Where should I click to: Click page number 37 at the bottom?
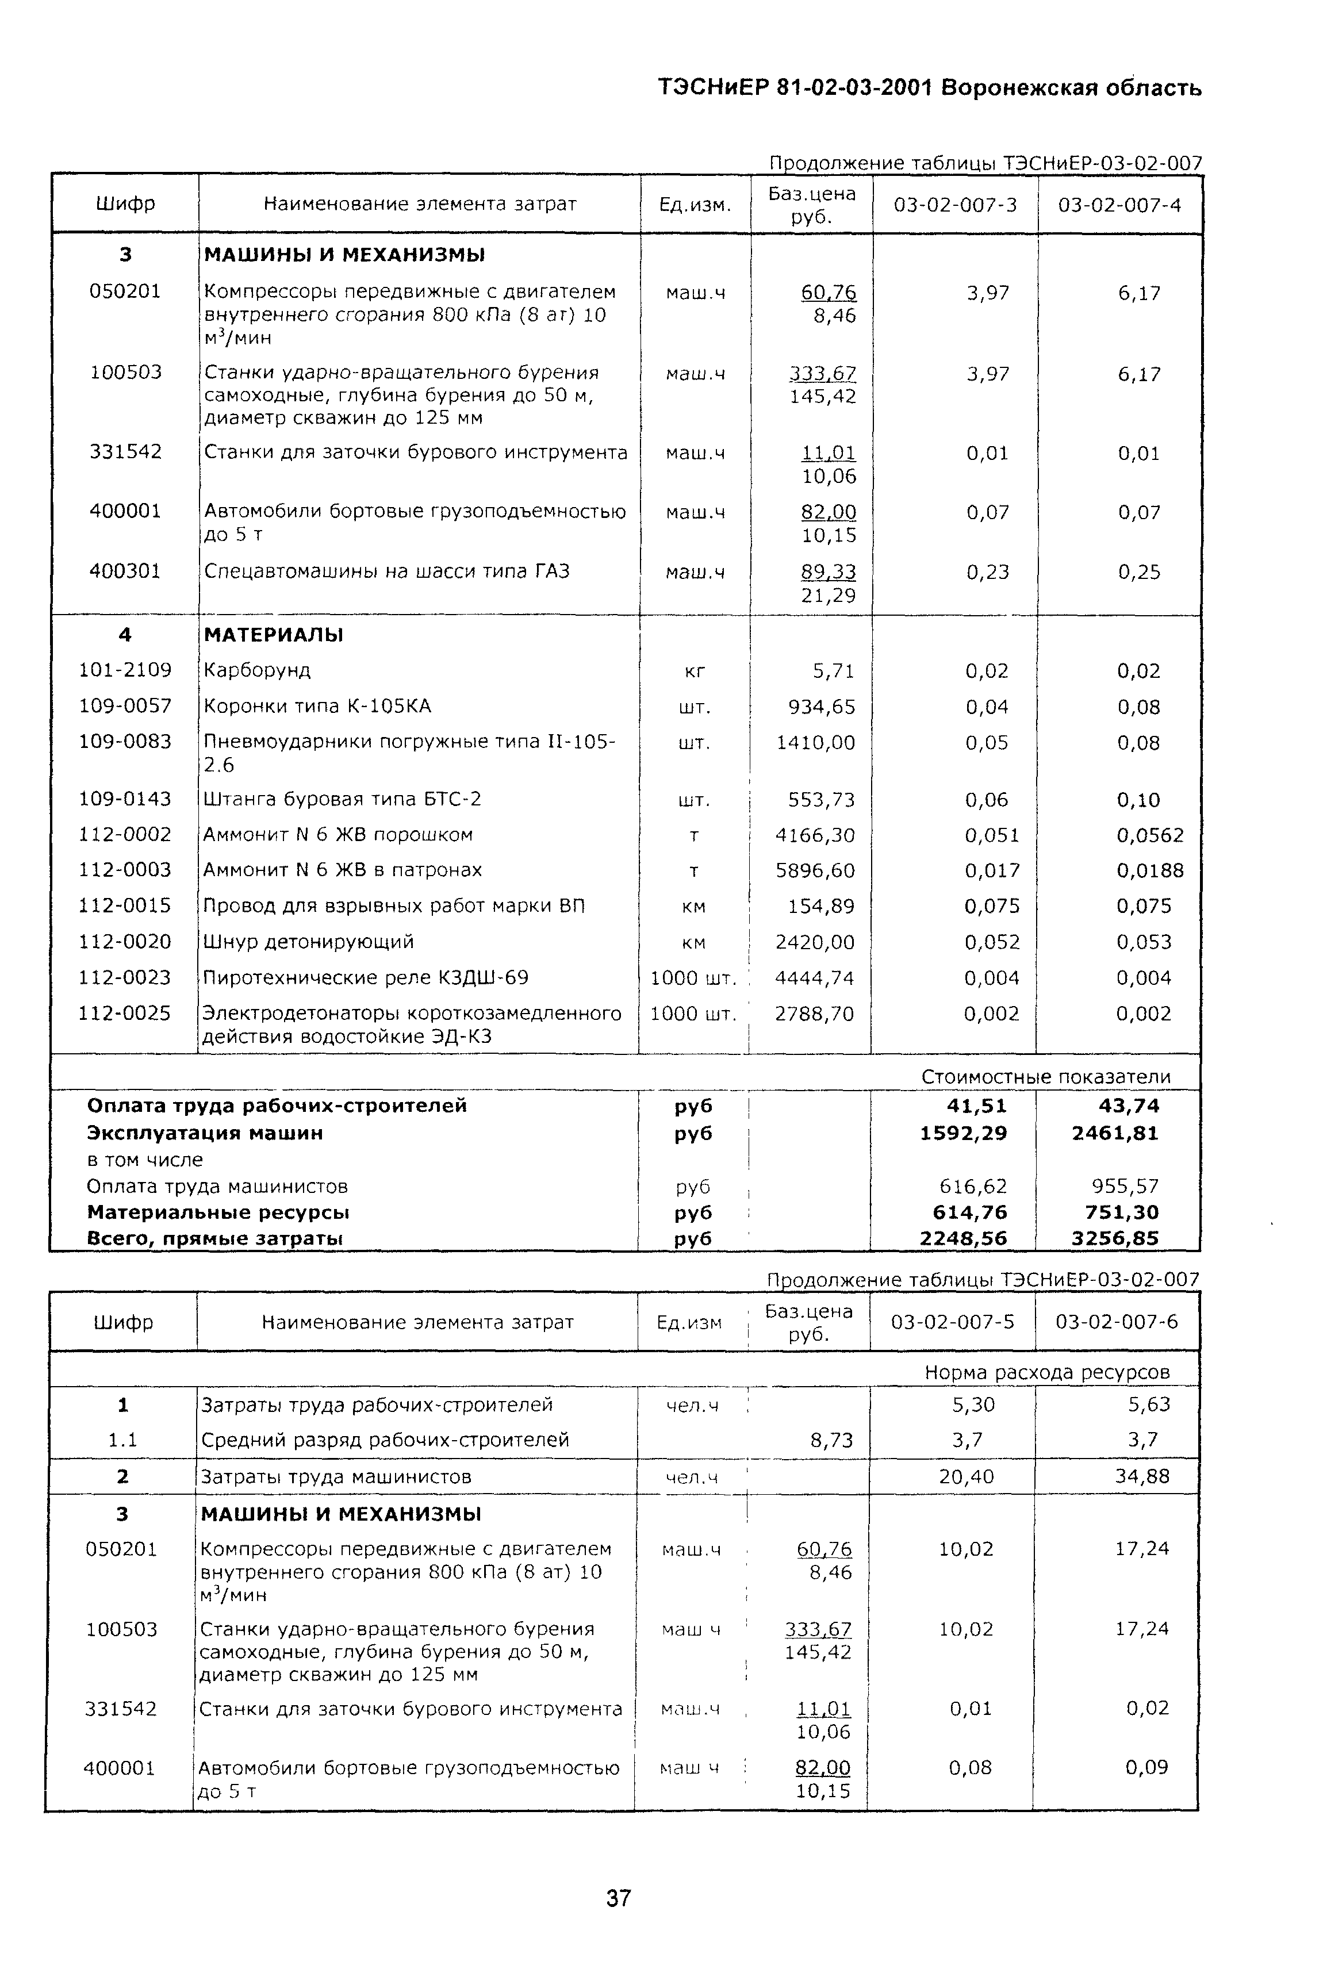tap(619, 1898)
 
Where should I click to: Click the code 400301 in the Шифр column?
tap(125, 571)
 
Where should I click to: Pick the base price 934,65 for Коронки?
tap(821, 707)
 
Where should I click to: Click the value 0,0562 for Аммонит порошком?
tap(1150, 835)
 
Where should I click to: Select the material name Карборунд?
tap(258, 670)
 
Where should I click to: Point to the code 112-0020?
tap(125, 941)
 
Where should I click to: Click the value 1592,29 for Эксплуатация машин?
tap(964, 1133)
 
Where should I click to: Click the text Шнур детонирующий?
tap(309, 941)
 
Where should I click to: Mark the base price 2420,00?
tap(815, 942)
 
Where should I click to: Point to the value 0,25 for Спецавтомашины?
tap(1139, 572)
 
